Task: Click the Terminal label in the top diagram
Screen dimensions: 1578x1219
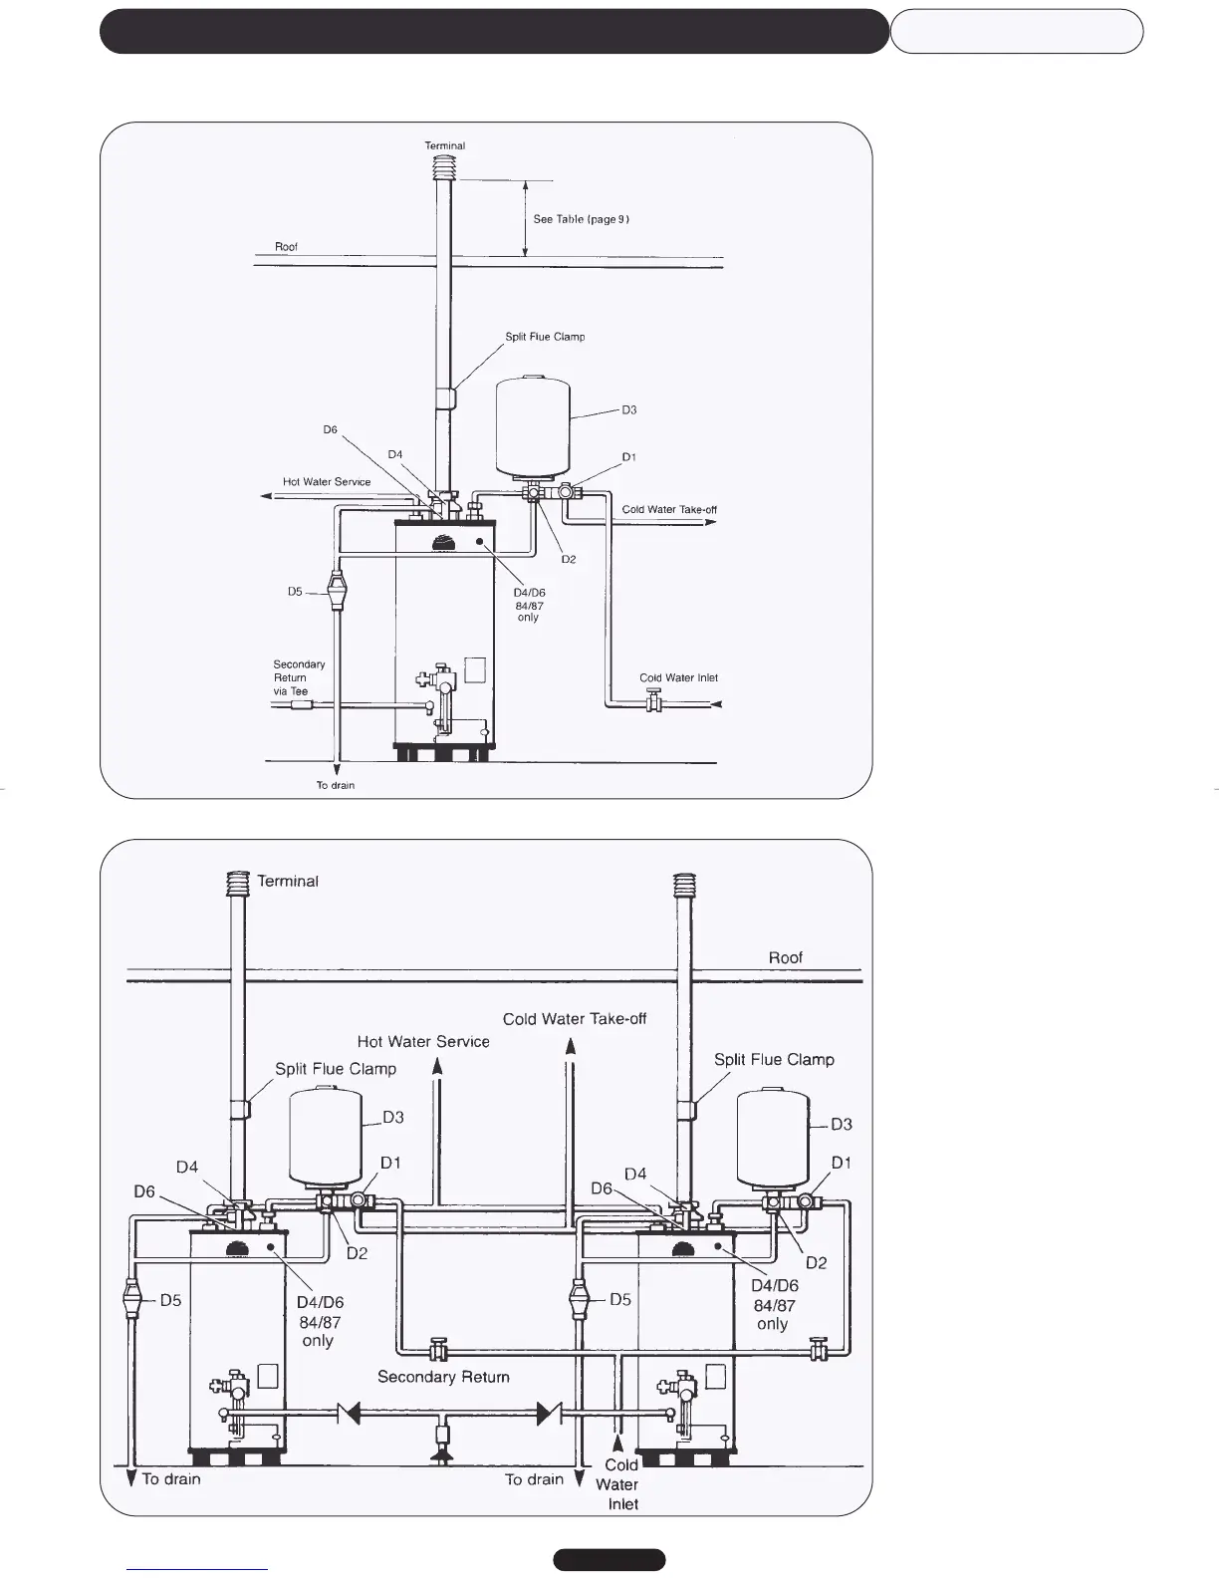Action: [x=445, y=145]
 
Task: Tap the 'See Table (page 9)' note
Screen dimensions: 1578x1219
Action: [x=581, y=219]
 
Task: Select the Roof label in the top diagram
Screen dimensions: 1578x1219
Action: [x=286, y=247]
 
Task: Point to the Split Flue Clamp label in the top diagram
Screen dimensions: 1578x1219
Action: [x=545, y=337]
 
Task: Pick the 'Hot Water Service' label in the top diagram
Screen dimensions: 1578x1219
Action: [x=327, y=482]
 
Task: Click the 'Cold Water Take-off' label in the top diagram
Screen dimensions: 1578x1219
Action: [x=669, y=510]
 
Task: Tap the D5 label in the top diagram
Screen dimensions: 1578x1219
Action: [x=295, y=592]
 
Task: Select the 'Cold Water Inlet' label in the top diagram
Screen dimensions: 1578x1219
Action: [x=678, y=678]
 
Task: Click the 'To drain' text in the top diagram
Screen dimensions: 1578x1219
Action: [x=336, y=786]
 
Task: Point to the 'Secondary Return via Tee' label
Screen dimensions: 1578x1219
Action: [x=298, y=677]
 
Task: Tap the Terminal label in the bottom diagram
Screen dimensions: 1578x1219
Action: [x=288, y=882]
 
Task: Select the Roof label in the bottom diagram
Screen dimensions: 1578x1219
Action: [x=785, y=957]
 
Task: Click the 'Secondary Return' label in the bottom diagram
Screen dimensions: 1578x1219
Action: [x=443, y=1377]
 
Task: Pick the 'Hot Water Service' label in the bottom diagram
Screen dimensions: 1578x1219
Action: [x=423, y=1042]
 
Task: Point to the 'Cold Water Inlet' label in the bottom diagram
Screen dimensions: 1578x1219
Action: [x=619, y=1484]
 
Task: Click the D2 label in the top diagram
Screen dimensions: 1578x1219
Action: [x=568, y=560]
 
